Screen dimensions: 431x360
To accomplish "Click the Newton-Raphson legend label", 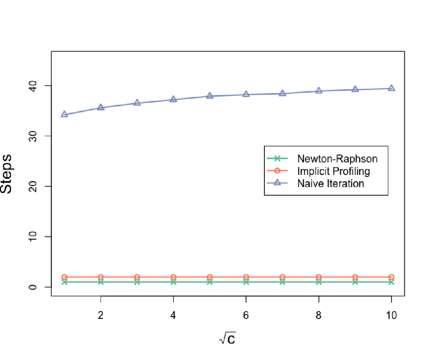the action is click(x=337, y=159).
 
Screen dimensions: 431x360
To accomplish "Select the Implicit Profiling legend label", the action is click(x=334, y=171).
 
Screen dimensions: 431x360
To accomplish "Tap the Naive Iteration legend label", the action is click(x=330, y=184).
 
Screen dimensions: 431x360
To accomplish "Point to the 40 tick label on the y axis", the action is click(x=32, y=86).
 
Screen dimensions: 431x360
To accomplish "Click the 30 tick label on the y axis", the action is click(x=32, y=136).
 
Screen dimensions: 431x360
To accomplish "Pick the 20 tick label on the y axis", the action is click(x=32, y=187).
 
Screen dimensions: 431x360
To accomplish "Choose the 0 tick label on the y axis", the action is click(x=32, y=287).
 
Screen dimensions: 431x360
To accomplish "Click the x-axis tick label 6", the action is click(x=246, y=315).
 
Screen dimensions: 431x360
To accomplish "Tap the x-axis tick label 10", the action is click(x=391, y=315).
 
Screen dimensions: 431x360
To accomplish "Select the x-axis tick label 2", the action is click(x=101, y=315).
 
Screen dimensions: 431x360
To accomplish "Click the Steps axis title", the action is click(x=6, y=174).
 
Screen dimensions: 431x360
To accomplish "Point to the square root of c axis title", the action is click(x=227, y=338).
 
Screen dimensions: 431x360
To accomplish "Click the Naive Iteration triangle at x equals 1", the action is click(x=64, y=114).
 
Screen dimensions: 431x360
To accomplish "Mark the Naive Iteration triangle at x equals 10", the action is click(x=391, y=88).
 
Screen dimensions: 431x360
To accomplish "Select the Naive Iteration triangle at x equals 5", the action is click(x=210, y=96).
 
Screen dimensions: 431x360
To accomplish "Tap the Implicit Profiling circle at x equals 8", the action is click(x=319, y=277).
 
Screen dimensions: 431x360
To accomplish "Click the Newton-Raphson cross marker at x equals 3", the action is click(x=137, y=282).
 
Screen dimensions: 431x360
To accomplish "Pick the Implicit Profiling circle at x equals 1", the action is click(x=64, y=277).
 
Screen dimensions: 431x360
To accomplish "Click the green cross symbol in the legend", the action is click(x=277, y=158).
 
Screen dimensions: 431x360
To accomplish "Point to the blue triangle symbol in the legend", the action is click(x=277, y=183).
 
